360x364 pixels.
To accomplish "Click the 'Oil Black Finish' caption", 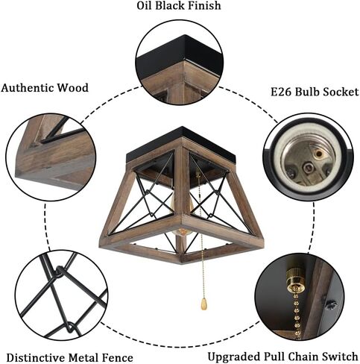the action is pos(179,6).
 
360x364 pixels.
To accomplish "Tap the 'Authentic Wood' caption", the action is pos(45,88).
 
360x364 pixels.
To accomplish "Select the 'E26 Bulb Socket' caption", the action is pos(315,92).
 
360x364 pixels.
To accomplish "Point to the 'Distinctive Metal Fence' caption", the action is pos(70,358).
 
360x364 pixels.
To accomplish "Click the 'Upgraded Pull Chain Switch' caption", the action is pos(282,357).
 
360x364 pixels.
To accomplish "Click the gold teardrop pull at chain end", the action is pos(203,304).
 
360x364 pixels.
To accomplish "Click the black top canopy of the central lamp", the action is pos(181,144).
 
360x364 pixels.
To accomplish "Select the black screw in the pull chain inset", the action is pos(331,304).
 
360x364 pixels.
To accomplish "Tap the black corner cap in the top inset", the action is pos(180,54).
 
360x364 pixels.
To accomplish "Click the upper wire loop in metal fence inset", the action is pos(60,272).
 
